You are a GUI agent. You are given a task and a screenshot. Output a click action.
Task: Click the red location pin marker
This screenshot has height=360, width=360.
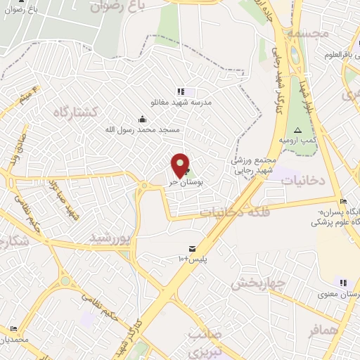point(181,165)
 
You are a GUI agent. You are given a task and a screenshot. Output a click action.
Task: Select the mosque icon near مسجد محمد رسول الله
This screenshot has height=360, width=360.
point(143,119)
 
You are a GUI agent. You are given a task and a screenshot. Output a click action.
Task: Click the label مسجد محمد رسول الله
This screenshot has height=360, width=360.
point(143,130)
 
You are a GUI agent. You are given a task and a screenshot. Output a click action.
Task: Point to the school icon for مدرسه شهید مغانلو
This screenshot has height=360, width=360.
point(181,91)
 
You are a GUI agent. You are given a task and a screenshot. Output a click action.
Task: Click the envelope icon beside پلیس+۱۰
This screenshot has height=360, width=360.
point(191,249)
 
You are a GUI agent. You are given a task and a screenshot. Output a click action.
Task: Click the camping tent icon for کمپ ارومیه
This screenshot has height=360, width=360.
point(297,130)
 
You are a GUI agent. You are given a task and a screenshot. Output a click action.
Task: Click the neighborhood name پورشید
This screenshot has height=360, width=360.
point(111,239)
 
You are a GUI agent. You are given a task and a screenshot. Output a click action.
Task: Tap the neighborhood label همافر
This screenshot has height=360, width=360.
point(323,330)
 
